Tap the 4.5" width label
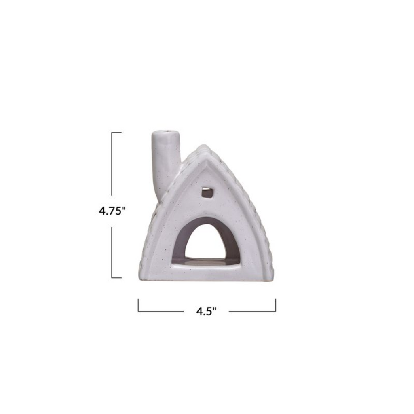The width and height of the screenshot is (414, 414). pos(206,311)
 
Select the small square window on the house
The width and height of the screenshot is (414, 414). pos(207,192)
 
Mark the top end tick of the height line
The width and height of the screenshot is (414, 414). pos(116,132)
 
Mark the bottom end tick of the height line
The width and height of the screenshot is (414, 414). pos(116,278)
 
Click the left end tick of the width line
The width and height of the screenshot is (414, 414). pos(138,305)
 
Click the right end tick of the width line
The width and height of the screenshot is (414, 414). pos(276,305)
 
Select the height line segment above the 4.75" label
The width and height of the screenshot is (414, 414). pos(112,166)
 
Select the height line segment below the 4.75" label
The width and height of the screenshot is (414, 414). pos(112,251)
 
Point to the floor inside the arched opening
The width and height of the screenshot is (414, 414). pos(206,261)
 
